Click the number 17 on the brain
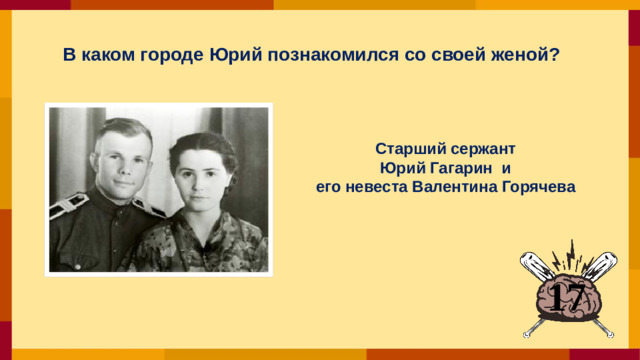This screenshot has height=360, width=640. point(567,295)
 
